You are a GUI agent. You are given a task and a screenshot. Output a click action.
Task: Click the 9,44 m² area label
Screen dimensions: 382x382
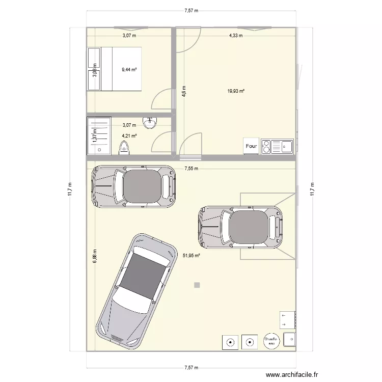coord(129,69)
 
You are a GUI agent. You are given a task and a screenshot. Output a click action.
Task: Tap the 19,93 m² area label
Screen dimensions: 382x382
coord(236,91)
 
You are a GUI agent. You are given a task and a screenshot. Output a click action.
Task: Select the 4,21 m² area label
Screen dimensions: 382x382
coord(129,136)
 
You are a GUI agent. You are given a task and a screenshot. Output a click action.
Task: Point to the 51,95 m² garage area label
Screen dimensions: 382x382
coord(191,256)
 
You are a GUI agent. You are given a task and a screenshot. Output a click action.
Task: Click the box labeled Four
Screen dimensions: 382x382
coord(251,146)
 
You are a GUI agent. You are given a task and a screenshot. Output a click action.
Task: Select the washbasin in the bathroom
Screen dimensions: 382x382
coord(150,123)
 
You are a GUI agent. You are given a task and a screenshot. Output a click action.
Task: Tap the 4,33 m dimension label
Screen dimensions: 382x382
coord(235,36)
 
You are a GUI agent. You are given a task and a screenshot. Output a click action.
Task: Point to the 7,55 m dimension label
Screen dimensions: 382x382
coord(192,168)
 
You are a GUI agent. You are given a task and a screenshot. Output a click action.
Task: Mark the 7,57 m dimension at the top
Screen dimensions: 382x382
coord(191,10)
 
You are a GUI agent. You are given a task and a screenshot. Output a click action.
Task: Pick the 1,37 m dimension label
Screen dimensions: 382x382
coord(94,136)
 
